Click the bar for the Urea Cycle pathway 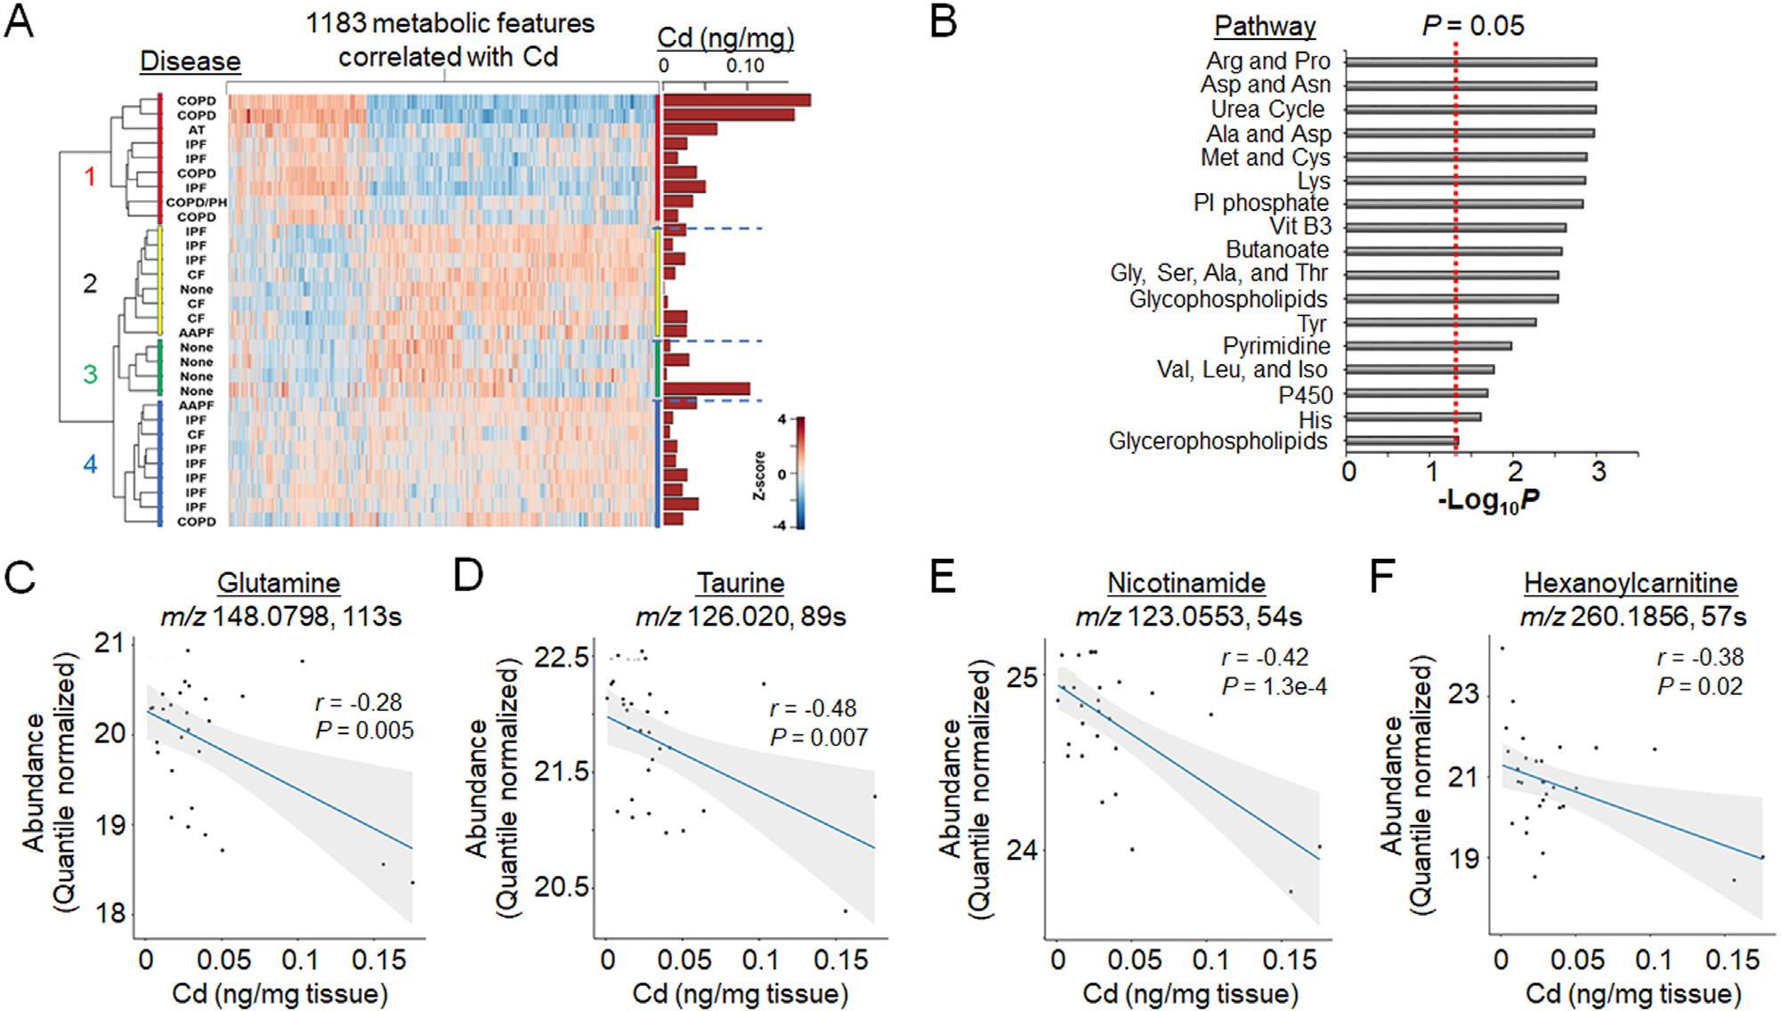click(x=1470, y=109)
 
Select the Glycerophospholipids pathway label click(x=1218, y=441)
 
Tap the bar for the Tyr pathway click(x=1440, y=322)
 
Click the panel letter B click(x=943, y=21)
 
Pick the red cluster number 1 click(x=90, y=177)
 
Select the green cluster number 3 click(x=90, y=374)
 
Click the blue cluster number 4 click(x=90, y=464)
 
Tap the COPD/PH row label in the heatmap click(x=196, y=202)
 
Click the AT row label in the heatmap click(x=196, y=130)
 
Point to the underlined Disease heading click(x=190, y=61)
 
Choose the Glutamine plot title click(x=279, y=583)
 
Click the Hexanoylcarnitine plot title click(x=1631, y=583)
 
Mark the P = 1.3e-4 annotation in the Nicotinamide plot click(x=1274, y=686)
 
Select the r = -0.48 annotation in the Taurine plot click(x=813, y=708)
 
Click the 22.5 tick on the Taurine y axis click(x=562, y=657)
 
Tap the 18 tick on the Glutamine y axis click(x=110, y=913)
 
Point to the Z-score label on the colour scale click(x=759, y=475)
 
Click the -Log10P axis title click(x=1488, y=501)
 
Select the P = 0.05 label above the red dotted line click(x=1472, y=26)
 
